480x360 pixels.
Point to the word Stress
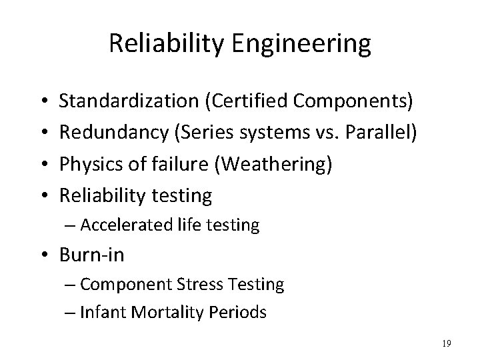click(x=199, y=285)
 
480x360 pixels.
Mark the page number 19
click(x=446, y=343)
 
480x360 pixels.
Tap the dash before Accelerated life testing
click(x=71, y=225)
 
